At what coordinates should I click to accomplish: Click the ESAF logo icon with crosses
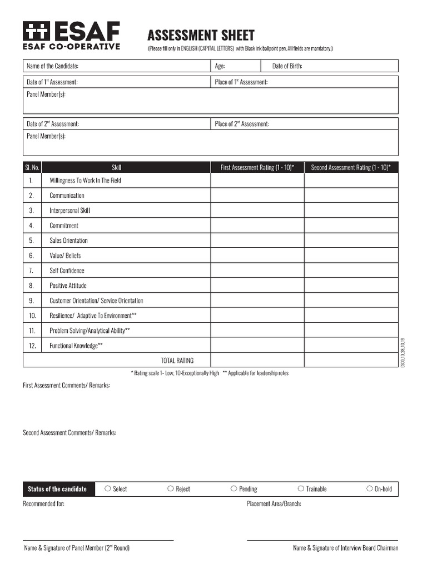tap(36, 31)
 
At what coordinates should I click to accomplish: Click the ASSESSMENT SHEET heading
tap(201, 36)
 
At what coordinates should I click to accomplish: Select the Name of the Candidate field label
tap(53, 66)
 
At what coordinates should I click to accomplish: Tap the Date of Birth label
tap(287, 66)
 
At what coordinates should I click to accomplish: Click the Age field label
tap(220, 66)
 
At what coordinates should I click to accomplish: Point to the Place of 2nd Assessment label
tap(242, 124)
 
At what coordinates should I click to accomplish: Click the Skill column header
tap(116, 167)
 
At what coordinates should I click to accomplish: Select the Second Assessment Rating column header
tap(351, 167)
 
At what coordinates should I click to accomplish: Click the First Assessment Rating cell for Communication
tap(257, 196)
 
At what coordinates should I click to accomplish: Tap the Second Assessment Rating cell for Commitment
tap(351, 226)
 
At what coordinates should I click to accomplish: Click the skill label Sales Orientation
tap(68, 241)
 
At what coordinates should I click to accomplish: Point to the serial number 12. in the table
tap(32, 346)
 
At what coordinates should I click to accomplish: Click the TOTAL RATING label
tap(177, 361)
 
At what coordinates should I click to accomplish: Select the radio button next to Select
tap(107, 489)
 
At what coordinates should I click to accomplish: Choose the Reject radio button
tap(171, 489)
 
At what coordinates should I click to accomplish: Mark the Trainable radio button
tap(301, 489)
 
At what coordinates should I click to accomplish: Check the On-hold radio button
tap(369, 489)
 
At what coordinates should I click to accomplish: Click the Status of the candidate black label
tap(57, 489)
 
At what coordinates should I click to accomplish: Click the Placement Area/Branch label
tap(274, 504)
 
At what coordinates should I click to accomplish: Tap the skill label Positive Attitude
tap(68, 286)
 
